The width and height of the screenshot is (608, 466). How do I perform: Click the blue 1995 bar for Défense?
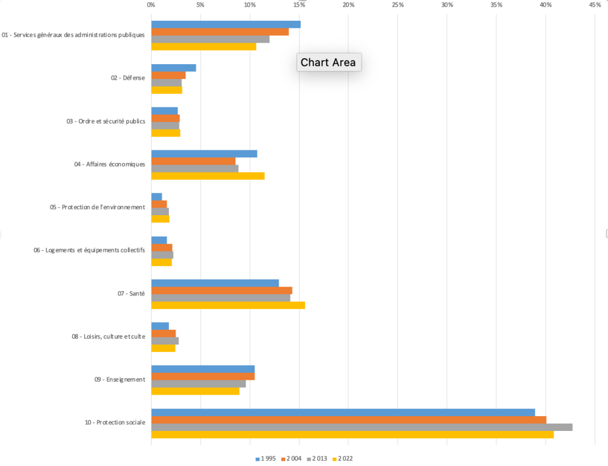174,68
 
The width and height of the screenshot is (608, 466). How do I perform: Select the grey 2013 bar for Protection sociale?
361,427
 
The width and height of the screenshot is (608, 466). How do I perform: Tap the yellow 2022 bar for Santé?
228,305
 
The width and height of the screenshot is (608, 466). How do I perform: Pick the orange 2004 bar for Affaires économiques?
193,161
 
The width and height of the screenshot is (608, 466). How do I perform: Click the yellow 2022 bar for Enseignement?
195,391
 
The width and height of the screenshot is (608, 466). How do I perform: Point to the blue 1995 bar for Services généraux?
226,24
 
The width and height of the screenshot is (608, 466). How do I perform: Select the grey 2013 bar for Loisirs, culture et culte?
165,341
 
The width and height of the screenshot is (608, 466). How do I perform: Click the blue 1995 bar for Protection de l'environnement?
156,197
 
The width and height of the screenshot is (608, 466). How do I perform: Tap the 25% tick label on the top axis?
398,5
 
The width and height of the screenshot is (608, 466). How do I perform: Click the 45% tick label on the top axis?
595,5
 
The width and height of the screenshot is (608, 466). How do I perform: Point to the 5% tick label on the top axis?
200,5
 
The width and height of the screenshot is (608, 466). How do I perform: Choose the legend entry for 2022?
343,458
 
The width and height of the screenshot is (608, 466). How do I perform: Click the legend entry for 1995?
266,458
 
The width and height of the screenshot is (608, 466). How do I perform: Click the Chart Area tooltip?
328,62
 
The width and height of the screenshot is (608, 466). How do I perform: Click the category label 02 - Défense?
128,78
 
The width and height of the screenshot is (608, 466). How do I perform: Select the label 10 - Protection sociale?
115,423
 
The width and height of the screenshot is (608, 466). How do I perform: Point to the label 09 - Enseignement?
119,379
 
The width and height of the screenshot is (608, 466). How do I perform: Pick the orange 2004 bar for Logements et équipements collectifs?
162,247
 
